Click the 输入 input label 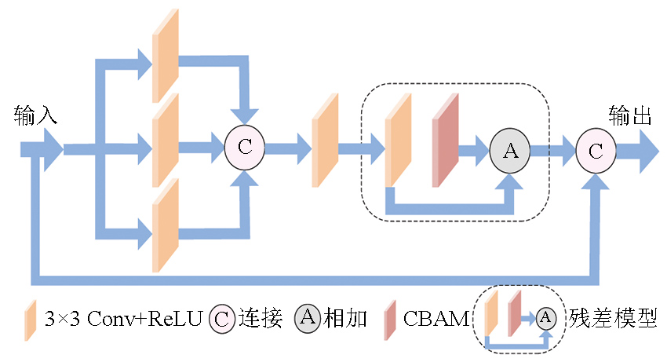click(36, 117)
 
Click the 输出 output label click(631, 117)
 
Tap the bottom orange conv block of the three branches click(165, 226)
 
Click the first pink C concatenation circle click(245, 146)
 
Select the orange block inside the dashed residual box click(399, 141)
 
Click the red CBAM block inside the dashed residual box click(445, 141)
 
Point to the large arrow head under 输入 click(49, 149)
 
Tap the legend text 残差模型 click(614, 319)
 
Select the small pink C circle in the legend click(222, 319)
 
